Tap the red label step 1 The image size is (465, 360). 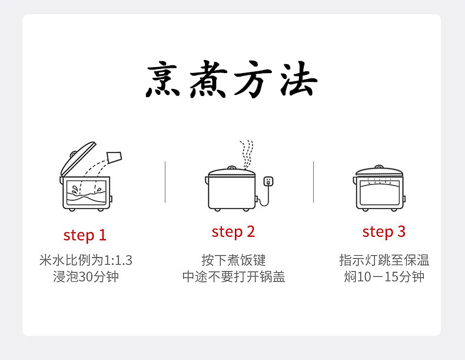click(85, 235)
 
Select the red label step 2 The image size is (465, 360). click(233, 232)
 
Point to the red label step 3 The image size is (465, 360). click(384, 232)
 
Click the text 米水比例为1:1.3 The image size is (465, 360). click(85, 260)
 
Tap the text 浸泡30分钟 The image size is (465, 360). click(85, 276)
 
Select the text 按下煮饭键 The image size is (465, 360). click(234, 260)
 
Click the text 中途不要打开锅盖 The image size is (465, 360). click(234, 276)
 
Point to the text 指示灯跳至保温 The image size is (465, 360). click(384, 260)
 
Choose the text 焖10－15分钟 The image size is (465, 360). click(384, 276)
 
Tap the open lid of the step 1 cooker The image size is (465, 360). click(79, 157)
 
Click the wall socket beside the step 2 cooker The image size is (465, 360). click(269, 181)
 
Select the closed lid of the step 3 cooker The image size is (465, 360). click(380, 171)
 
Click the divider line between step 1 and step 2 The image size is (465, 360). click(165, 181)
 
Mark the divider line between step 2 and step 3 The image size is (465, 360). click(313, 181)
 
